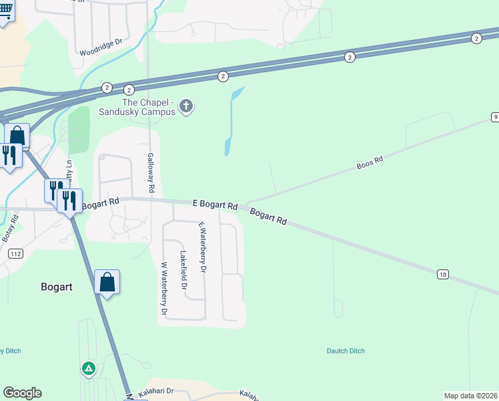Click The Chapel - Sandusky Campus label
point(148,107)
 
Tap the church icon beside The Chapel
point(187,106)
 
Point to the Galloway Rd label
point(151,172)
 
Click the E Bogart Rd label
point(215,205)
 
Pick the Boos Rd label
point(370,162)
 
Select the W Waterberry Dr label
point(163,287)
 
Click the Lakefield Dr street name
point(183,269)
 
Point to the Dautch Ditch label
point(346,351)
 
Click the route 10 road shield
point(442,274)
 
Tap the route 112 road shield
point(15,253)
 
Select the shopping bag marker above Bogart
point(107,283)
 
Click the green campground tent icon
point(88,368)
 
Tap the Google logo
point(22,393)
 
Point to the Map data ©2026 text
point(471,396)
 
